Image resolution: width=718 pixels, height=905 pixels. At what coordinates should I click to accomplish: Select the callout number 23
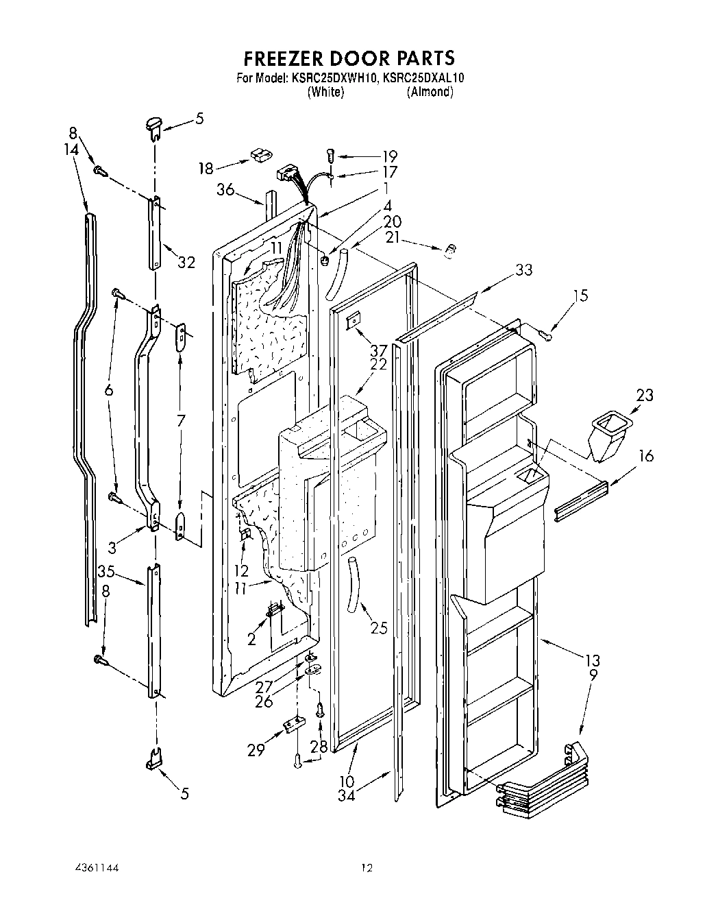(x=644, y=395)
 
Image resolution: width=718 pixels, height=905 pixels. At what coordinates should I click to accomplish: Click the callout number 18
(x=206, y=167)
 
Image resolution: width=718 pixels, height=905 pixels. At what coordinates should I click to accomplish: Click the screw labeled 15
(x=545, y=334)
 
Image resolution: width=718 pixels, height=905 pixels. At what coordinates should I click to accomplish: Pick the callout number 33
(x=523, y=269)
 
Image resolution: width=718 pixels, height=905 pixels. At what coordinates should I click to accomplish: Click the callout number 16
(x=645, y=456)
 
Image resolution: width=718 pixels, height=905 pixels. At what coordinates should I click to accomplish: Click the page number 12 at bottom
(x=367, y=869)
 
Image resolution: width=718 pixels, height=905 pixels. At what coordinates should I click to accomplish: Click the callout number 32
(x=186, y=262)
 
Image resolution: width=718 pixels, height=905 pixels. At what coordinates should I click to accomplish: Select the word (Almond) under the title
(x=430, y=93)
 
